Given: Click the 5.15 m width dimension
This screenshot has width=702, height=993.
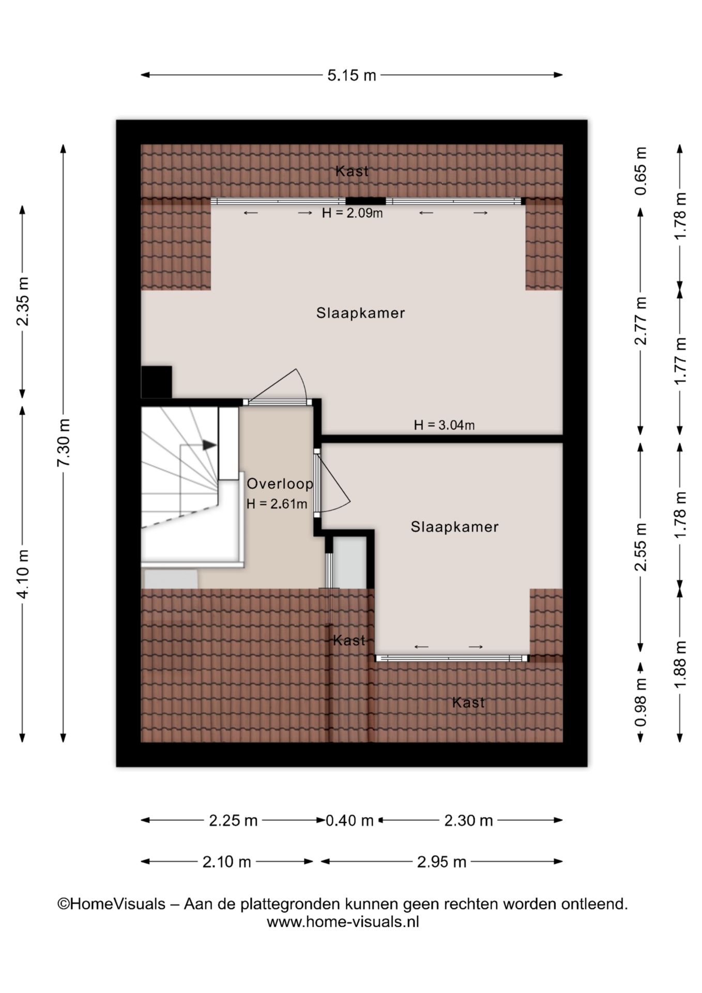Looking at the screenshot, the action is pos(352,76).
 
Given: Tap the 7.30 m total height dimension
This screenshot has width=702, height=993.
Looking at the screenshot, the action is pos(64,442).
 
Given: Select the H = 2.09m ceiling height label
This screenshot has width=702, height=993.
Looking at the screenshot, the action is pos(352,213).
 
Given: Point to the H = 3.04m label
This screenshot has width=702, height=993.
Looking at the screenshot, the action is pos(444,425).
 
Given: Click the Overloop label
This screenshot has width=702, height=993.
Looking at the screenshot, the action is pos(280,484).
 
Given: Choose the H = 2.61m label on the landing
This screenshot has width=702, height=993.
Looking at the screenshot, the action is pos(277,504).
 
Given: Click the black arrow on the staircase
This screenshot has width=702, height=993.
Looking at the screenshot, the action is pos(209,445).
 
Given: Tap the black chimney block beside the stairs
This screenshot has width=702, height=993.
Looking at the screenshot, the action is pos(157,382).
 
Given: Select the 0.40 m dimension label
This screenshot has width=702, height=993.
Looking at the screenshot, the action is pos(349,820).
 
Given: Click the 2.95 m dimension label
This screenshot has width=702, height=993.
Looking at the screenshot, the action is pos(441,862).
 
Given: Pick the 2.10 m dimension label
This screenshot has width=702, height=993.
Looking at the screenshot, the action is pos(226,862).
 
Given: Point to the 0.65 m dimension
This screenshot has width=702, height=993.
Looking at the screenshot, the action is pos(640,171).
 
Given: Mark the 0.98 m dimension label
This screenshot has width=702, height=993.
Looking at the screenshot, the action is pos(640,703).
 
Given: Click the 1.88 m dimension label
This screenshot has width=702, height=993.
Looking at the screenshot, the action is pos(680,664).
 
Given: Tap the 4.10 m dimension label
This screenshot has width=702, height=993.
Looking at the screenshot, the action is pos(23,574).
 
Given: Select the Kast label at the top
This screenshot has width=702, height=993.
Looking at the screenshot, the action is pos(352,171).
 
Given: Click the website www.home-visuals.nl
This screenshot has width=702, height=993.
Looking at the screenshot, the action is pos(343,922).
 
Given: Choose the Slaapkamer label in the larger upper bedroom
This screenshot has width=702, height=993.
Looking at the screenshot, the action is pos(360,313).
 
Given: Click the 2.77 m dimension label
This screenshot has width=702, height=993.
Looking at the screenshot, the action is pos(640,321).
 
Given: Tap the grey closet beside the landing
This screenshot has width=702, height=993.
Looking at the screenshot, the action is pos(349,563).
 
